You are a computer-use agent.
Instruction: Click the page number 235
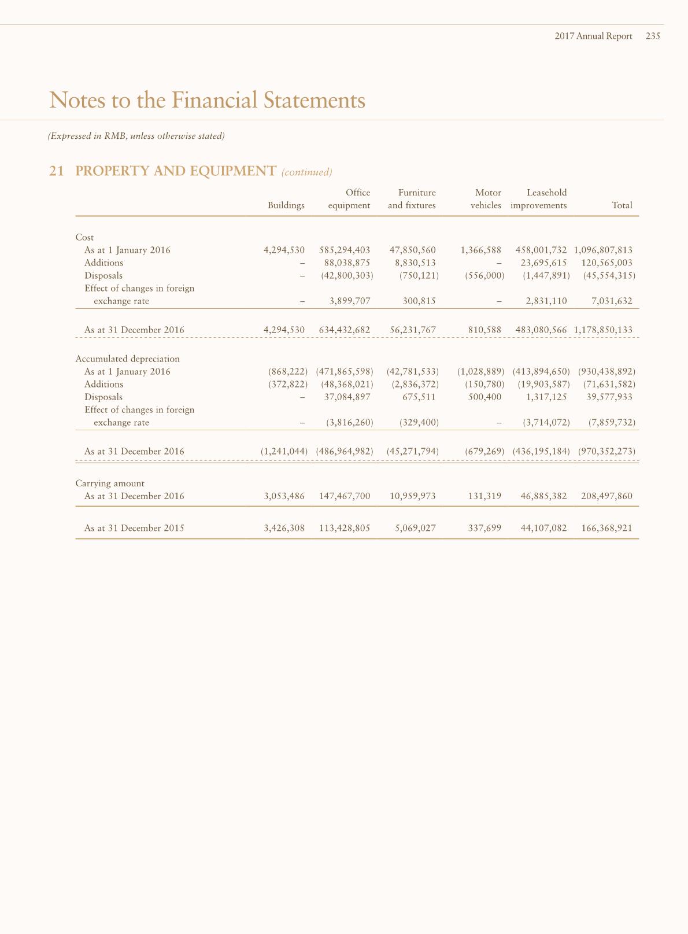pos(653,36)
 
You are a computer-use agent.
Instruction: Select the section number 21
pos(56,171)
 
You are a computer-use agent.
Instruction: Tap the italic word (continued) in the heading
pos(306,172)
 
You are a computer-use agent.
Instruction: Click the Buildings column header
pos(286,205)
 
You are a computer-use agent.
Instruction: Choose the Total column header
pos(622,205)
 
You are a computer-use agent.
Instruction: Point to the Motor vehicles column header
pos(486,199)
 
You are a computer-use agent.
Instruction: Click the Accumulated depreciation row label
pos(127,359)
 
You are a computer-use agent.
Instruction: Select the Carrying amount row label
pos(110,483)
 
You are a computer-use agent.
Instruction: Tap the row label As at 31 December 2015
pos(134,527)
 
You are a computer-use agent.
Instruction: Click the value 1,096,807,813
pos(603,250)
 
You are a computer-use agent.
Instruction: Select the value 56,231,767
pos(413,330)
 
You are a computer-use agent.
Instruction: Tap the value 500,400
pos(484,397)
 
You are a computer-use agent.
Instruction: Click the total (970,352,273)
pos(606,451)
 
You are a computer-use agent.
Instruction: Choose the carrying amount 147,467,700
pos(345,496)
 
